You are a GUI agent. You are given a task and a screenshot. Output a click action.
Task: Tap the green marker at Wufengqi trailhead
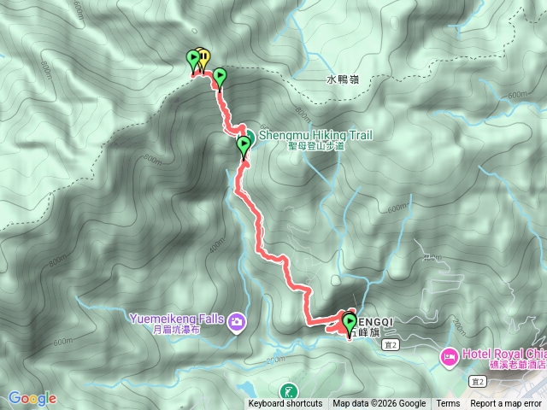pos(349,323)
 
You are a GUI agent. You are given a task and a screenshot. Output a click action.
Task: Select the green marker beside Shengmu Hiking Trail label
pos(244,144)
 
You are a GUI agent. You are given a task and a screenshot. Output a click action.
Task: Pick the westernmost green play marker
pos(193,59)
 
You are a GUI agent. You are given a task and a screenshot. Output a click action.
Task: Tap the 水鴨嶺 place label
pos(343,79)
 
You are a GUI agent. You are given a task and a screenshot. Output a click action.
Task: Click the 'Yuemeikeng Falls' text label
pos(175,320)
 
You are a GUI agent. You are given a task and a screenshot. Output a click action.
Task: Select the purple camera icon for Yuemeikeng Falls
pos(236,322)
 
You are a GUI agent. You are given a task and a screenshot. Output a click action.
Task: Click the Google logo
pos(32,398)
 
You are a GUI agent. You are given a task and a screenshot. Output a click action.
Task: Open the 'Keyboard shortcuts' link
pos(285,404)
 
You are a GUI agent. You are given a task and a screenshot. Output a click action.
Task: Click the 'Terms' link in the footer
pos(448,404)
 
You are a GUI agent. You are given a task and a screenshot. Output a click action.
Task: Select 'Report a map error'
pos(506,404)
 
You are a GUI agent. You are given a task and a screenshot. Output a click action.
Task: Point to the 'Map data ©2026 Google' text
pos(379,404)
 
